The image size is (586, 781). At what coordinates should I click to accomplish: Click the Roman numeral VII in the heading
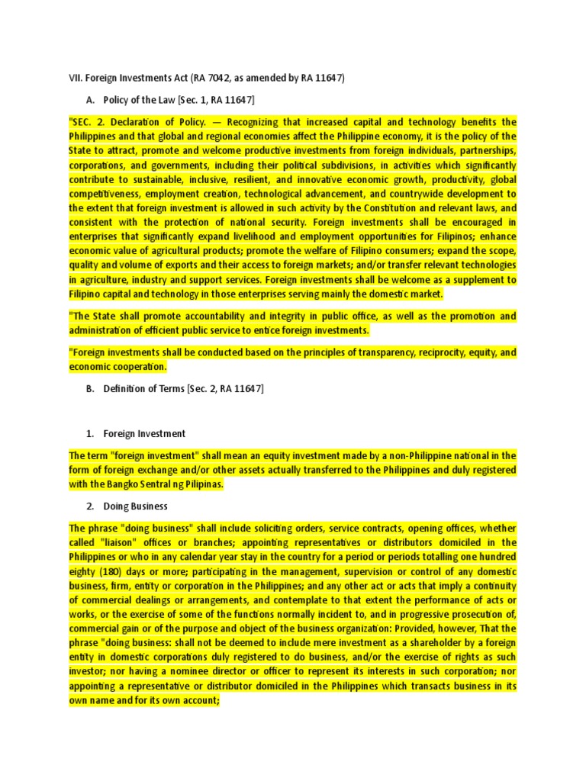pos(75,78)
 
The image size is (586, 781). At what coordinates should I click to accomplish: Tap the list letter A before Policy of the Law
pos(90,100)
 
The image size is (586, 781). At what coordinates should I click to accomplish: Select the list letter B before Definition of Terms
pos(90,389)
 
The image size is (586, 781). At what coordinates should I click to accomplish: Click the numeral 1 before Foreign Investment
pos(89,433)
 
